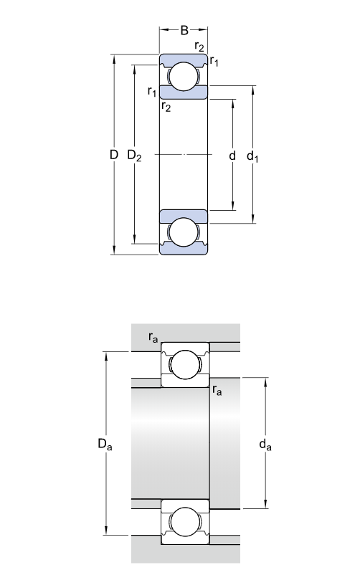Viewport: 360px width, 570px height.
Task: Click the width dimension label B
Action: point(184,31)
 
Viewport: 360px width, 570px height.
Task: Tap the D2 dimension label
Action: point(134,155)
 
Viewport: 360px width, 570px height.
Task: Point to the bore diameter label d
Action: point(232,154)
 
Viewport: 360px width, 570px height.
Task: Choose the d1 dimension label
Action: point(252,155)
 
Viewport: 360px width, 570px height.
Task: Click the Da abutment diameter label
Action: point(105,445)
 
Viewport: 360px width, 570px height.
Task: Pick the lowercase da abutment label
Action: point(267,445)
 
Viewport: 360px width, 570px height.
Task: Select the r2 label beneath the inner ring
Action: point(166,107)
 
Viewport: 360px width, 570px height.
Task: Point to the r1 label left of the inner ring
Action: point(151,91)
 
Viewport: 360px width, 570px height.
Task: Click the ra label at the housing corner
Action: point(153,336)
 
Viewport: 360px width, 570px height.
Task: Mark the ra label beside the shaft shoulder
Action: point(217,391)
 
